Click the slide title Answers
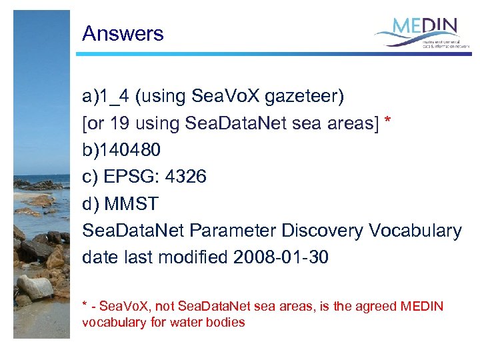123,34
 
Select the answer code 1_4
114,97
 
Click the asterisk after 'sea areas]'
388,121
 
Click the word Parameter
235,230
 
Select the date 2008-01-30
281,257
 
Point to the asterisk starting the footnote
85,305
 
